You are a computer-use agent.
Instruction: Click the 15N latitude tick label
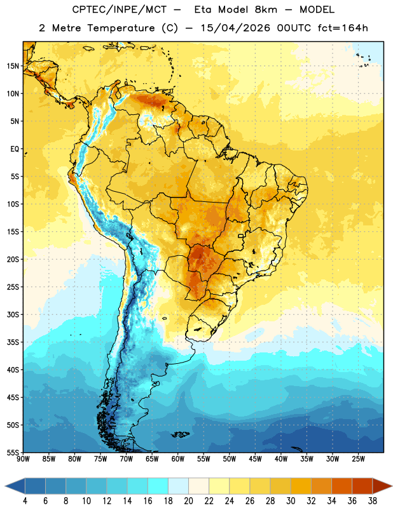13,66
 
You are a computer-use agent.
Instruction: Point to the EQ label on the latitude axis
15,149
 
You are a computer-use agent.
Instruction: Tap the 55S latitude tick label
13,453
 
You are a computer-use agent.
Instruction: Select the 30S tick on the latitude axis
13,314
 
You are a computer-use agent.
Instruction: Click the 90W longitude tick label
23,459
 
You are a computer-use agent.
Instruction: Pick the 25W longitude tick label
358,459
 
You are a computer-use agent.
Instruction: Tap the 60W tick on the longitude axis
178,459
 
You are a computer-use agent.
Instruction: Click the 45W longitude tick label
255,459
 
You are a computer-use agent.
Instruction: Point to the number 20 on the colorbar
188,501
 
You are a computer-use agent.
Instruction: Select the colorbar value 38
373,501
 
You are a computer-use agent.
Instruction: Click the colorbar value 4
25,501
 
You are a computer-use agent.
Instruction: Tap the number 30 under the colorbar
291,501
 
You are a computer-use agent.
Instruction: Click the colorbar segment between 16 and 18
158,486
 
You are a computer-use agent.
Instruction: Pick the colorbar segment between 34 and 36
342,486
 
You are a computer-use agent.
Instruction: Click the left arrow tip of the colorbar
5,486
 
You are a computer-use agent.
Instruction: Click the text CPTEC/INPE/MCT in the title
120,10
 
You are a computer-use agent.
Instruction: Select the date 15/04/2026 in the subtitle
235,28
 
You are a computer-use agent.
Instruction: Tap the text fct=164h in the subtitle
342,28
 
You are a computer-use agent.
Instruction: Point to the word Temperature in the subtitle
121,29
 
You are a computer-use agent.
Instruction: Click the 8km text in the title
266,10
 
